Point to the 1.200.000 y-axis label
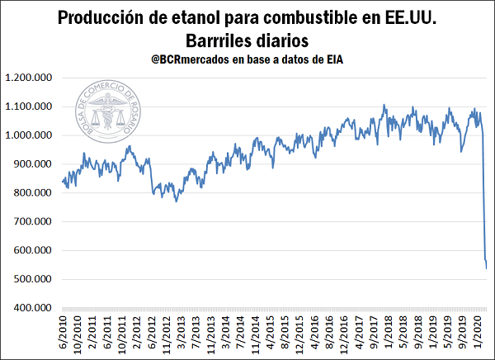click(x=31, y=78)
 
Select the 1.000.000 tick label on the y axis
click(x=31, y=135)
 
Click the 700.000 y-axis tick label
click(x=35, y=222)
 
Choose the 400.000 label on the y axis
click(x=35, y=308)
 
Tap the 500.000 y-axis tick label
click(x=35, y=279)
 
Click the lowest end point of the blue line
click(x=487, y=268)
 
